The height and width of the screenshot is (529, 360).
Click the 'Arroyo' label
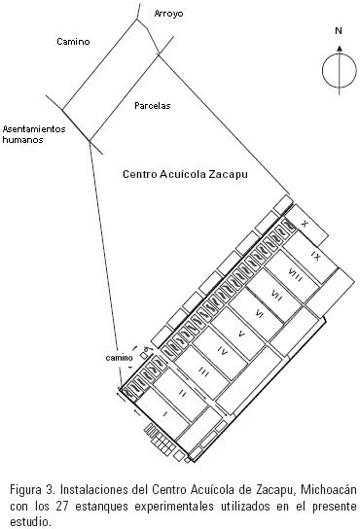168,14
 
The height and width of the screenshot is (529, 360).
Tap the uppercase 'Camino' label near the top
73,42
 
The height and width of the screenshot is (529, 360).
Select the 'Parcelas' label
153,106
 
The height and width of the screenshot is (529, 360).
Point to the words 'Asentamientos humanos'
34,134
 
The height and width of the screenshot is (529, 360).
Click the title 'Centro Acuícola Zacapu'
185,174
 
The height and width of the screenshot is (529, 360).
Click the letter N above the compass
339,31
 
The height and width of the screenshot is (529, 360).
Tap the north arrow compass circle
339,71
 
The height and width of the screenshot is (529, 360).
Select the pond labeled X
306,225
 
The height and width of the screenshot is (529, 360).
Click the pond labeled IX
315,257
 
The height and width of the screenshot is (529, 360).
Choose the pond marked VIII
296,275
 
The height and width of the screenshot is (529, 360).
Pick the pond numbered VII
277,296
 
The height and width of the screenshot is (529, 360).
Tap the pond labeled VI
259,314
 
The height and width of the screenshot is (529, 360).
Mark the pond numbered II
183,394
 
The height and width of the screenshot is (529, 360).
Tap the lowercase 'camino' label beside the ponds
120,358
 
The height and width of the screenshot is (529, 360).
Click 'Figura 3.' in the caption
32,489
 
